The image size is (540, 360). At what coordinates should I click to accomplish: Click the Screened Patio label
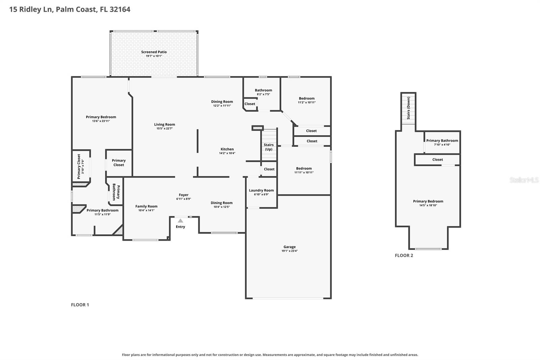click(x=154, y=52)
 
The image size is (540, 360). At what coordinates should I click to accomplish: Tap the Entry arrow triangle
click(x=180, y=221)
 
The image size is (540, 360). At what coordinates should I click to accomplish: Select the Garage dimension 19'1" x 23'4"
click(x=290, y=251)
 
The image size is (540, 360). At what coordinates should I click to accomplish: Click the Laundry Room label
click(x=261, y=190)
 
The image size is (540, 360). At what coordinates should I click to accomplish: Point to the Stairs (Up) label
click(x=269, y=147)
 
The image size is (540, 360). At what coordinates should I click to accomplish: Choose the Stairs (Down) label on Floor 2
click(x=408, y=108)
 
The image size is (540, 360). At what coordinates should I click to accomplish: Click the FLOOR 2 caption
click(x=404, y=255)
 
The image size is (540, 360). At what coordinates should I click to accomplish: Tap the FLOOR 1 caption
click(x=80, y=305)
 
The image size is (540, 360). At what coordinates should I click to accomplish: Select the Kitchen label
click(x=227, y=149)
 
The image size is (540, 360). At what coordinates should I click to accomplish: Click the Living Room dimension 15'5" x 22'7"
click(x=165, y=129)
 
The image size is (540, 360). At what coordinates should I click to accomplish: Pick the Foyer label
click(x=184, y=195)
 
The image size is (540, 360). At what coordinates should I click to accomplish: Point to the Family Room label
click(x=146, y=206)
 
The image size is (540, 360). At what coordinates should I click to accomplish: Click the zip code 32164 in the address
click(x=120, y=9)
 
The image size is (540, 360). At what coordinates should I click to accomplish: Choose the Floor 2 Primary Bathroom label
click(x=442, y=141)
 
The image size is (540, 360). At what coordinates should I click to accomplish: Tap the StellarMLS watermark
click(x=524, y=180)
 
